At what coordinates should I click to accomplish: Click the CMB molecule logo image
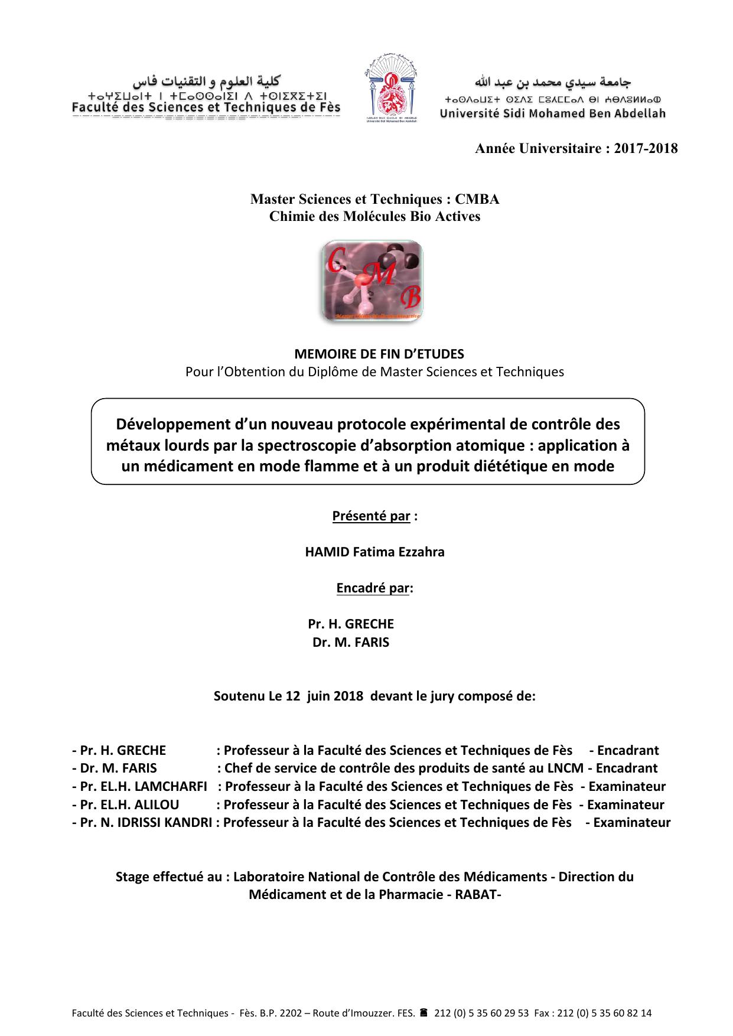point(372,281)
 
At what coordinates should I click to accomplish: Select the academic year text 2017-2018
point(646,148)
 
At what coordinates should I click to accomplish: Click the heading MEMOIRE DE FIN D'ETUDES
point(379,354)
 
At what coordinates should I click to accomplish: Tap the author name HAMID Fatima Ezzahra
point(374,552)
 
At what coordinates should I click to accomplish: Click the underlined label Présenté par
point(371,516)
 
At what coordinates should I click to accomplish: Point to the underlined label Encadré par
point(372,588)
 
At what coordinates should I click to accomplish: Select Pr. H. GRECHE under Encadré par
point(351,624)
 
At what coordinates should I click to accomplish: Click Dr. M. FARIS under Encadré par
point(351,643)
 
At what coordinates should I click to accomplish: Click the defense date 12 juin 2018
point(324,696)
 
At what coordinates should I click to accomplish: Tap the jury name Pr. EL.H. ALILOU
point(129,804)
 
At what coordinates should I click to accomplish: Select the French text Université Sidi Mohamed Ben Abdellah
point(552,113)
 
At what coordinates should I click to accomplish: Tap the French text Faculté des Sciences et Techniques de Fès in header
point(206,107)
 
